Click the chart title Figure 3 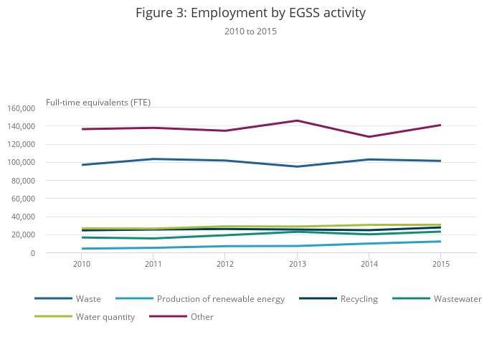(x=250, y=13)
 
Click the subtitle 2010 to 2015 (x=250, y=32)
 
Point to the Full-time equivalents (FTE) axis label (x=98, y=102)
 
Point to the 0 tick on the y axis (x=32, y=253)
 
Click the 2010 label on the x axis (x=82, y=265)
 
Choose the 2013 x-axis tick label (x=297, y=265)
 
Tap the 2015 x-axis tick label (x=440, y=265)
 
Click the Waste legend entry (x=88, y=299)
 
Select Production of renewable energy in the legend (x=220, y=299)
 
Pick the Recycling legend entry (x=359, y=299)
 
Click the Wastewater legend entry (x=457, y=299)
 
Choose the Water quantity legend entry (x=105, y=317)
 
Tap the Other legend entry (x=202, y=317)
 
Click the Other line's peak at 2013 (x=297, y=120)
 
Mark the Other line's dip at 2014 (x=369, y=137)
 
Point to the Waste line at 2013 (x=297, y=166)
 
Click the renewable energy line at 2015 (x=440, y=241)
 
